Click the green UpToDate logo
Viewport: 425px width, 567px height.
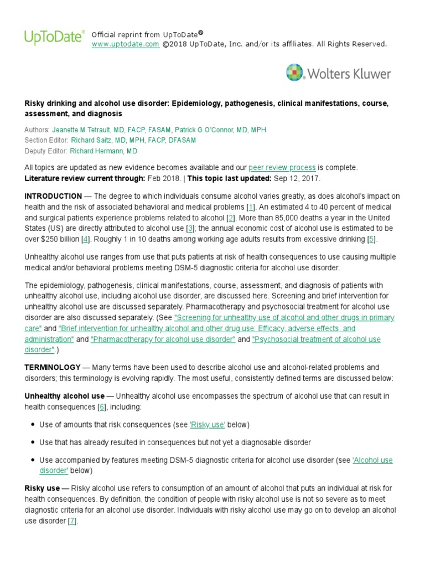click(x=54, y=37)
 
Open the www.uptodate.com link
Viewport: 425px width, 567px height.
click(x=125, y=44)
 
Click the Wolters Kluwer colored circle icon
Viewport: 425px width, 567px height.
click(x=296, y=73)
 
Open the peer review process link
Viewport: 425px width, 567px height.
click(x=282, y=167)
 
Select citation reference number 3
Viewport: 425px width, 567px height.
click(x=190, y=228)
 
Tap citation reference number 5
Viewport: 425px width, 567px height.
click(x=371, y=239)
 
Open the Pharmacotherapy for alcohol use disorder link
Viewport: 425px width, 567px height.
click(x=163, y=339)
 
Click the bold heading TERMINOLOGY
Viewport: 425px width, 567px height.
click(x=53, y=368)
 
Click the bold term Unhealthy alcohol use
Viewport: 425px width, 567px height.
click(x=64, y=396)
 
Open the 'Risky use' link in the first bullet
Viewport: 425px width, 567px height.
click(x=207, y=425)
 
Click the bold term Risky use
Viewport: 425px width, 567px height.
click(x=42, y=488)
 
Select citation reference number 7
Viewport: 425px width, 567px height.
click(x=71, y=520)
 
